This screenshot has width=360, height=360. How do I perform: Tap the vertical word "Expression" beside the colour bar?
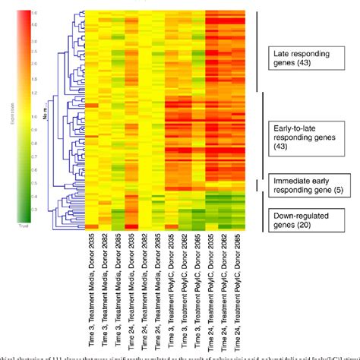(x=11, y=114)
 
